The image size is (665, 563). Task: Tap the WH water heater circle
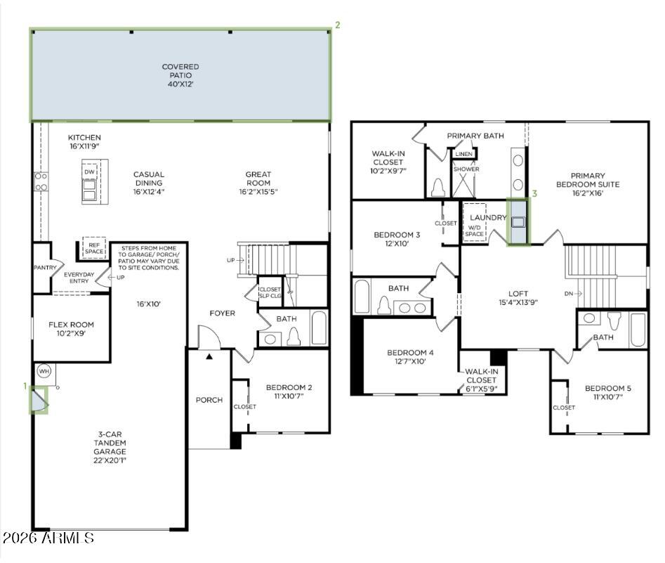44,370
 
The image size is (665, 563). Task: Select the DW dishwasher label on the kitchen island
89,172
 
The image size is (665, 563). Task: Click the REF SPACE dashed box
94,247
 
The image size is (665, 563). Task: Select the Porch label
209,400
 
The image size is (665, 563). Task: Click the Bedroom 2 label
289,391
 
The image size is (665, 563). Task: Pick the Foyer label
222,313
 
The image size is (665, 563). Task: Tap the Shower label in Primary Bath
466,169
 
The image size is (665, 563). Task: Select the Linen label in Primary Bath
463,153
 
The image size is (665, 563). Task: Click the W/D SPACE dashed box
475,231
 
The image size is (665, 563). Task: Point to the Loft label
518,298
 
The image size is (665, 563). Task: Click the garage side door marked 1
38,400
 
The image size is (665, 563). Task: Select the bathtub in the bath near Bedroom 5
638,330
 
